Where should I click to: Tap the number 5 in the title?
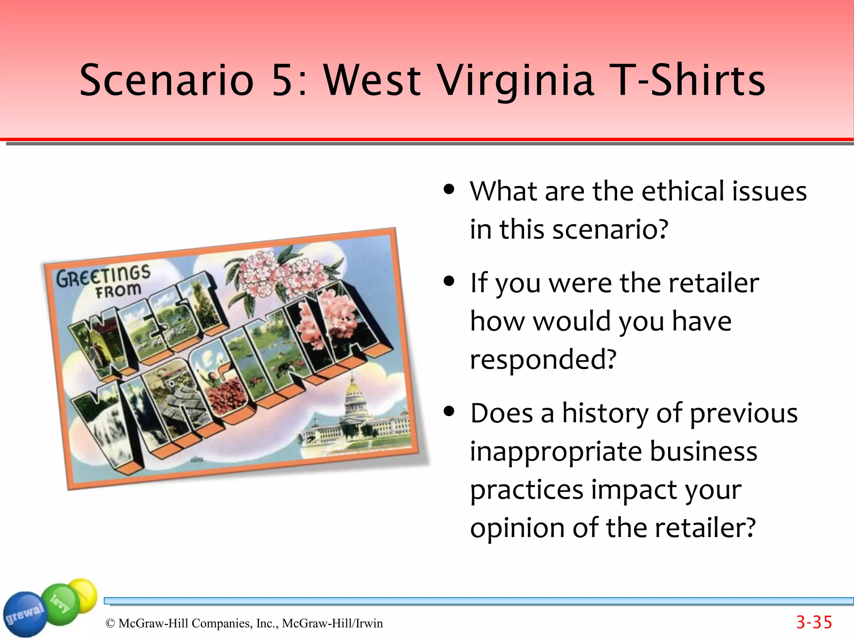284,80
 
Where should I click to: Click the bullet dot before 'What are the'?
449,190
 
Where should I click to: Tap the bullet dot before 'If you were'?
449,281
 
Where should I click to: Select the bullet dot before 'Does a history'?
449,412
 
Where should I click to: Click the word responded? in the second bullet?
543,359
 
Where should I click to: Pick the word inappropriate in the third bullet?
556,452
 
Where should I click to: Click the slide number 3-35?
814,622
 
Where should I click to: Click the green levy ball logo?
60,603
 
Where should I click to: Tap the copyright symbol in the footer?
110,623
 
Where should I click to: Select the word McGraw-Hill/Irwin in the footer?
332,623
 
